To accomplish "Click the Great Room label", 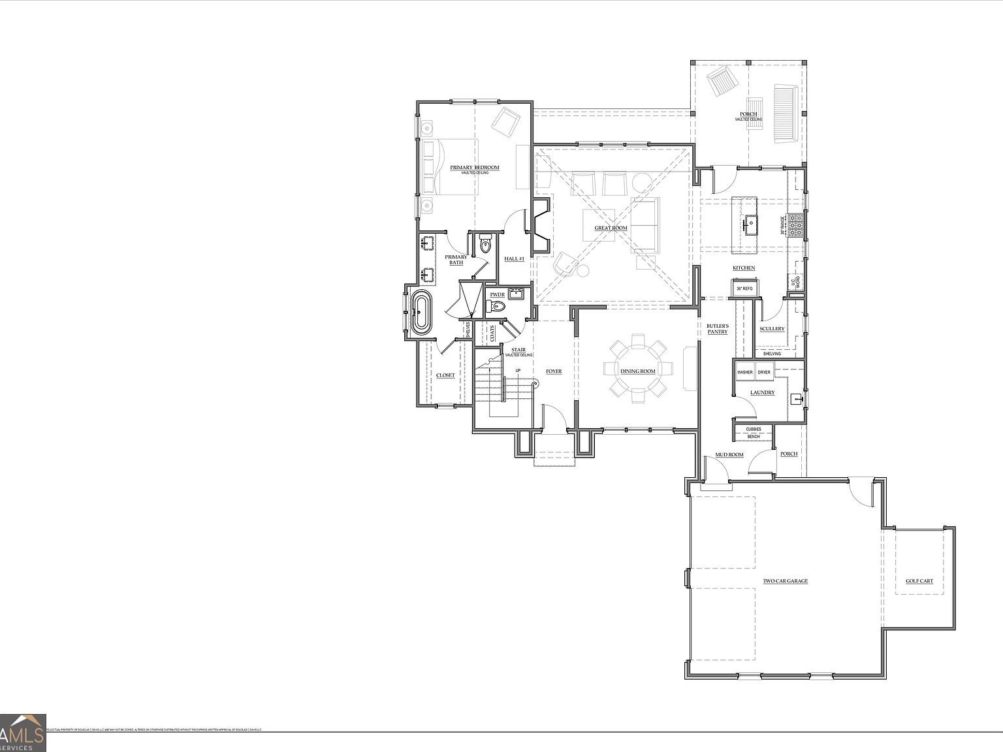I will point(611,228).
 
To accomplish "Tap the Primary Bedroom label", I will point(475,168).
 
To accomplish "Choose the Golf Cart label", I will point(919,581).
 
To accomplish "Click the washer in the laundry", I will point(744,372).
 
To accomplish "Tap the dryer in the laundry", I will point(764,372).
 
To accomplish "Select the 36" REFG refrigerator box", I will point(744,288).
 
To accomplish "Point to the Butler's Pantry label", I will point(717,328).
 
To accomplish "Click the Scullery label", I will point(772,328).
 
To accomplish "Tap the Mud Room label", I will point(729,454).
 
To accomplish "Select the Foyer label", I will point(554,371).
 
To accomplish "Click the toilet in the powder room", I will point(499,305).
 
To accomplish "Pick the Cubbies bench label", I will point(754,433).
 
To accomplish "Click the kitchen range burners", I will point(796,225).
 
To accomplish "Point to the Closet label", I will point(445,375).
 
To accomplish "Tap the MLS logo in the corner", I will point(23,732).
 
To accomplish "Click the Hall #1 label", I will point(515,258).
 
